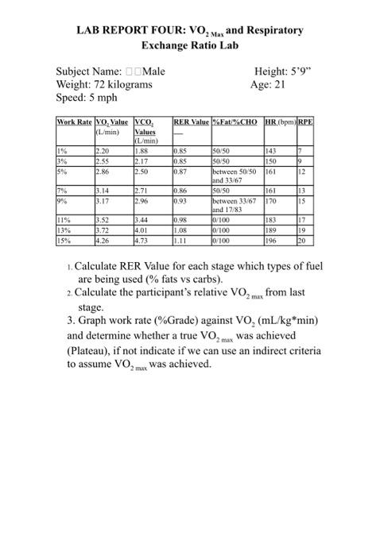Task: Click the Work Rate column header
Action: pos(74,122)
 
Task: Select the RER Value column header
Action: pos(191,122)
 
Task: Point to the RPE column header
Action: pos(306,122)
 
